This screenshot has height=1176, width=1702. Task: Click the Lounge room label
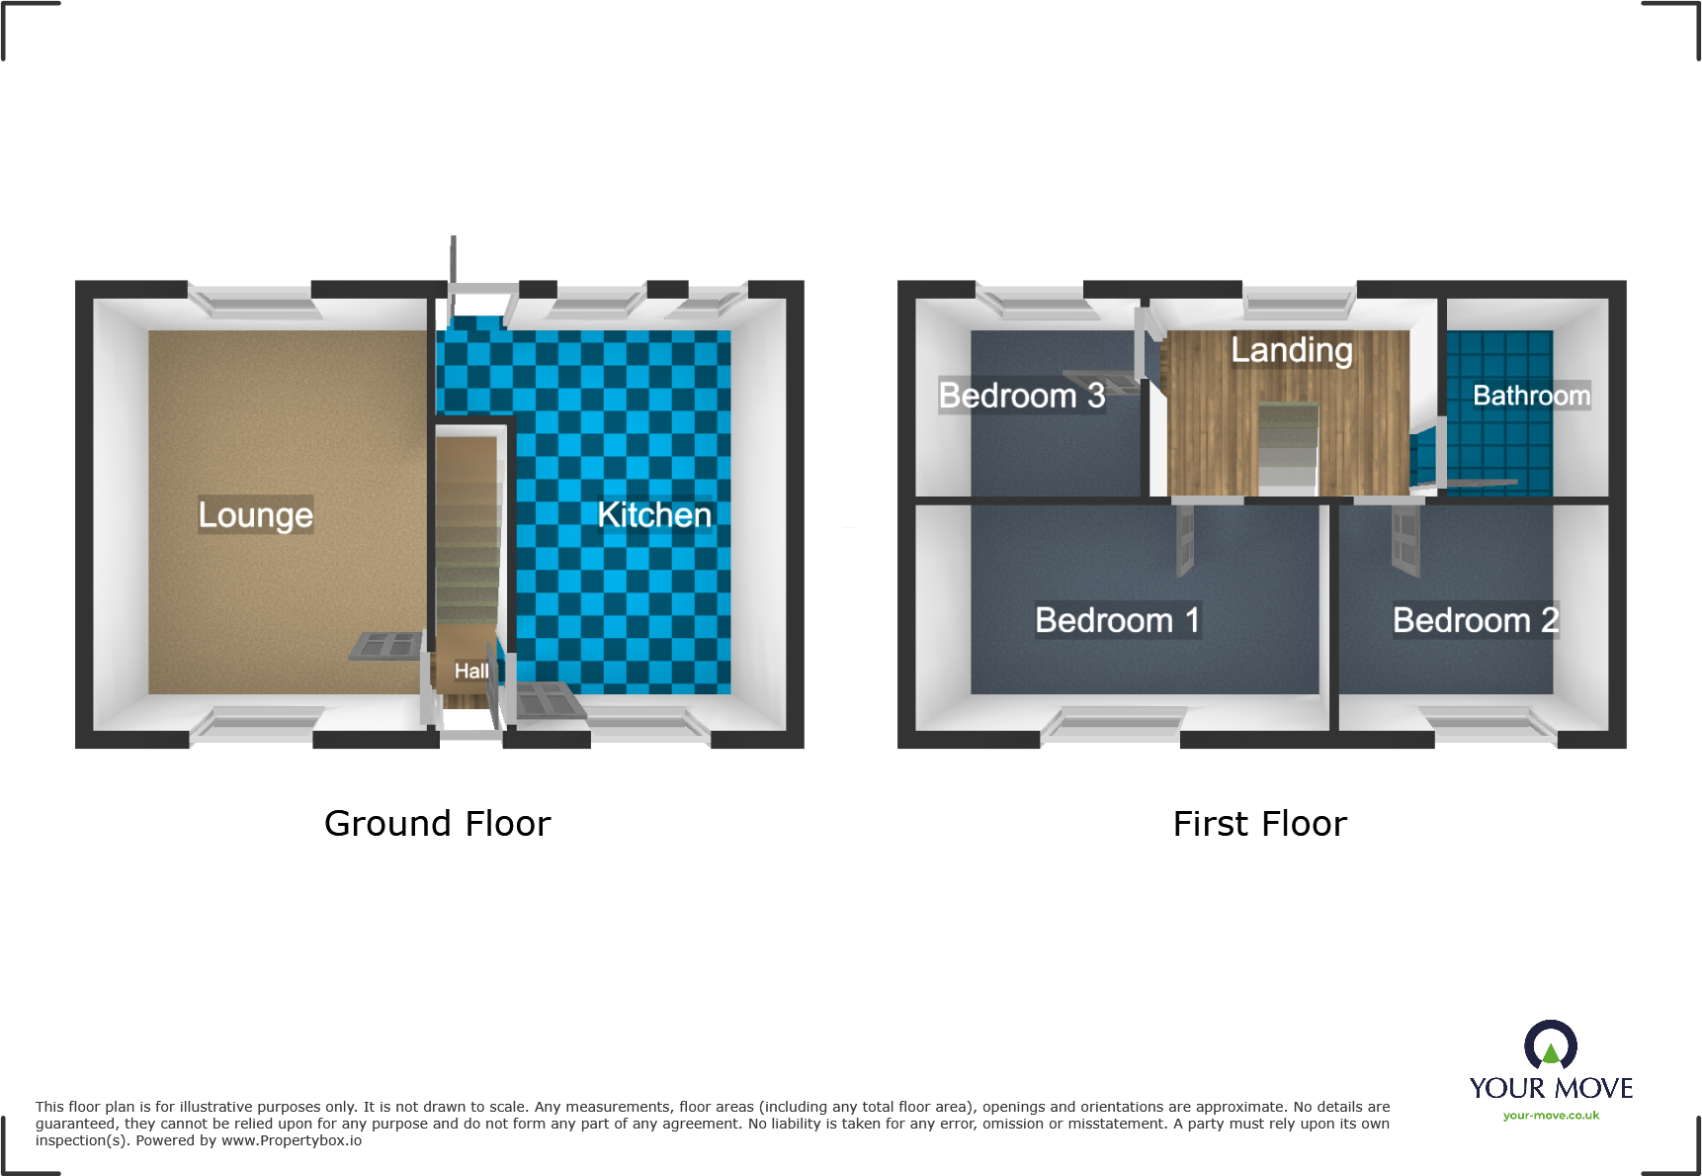(x=255, y=514)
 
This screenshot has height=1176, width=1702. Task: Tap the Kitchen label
(x=654, y=514)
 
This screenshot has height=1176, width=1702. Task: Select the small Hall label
(x=471, y=671)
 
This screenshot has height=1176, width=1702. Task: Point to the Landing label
(x=1291, y=350)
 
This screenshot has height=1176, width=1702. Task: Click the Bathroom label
(x=1531, y=396)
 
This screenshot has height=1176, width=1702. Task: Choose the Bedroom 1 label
(x=1117, y=620)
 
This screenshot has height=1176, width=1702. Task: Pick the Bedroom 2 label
(x=1475, y=620)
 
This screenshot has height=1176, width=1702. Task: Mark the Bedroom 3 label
(x=1021, y=396)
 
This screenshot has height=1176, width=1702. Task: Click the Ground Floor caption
(x=437, y=824)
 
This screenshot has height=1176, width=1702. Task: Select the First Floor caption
(x=1259, y=824)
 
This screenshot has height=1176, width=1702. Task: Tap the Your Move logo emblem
(x=1550, y=1044)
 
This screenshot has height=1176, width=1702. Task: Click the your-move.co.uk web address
(x=1551, y=1116)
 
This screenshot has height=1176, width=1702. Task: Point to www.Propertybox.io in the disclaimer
(x=291, y=1140)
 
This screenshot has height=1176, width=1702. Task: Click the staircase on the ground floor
(x=468, y=534)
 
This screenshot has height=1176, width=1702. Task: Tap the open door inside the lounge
(x=386, y=646)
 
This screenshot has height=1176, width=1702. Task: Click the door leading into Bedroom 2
(x=1404, y=540)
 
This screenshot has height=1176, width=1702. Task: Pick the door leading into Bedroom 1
(x=1185, y=540)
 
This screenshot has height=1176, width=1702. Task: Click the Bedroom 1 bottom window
(x=1114, y=722)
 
